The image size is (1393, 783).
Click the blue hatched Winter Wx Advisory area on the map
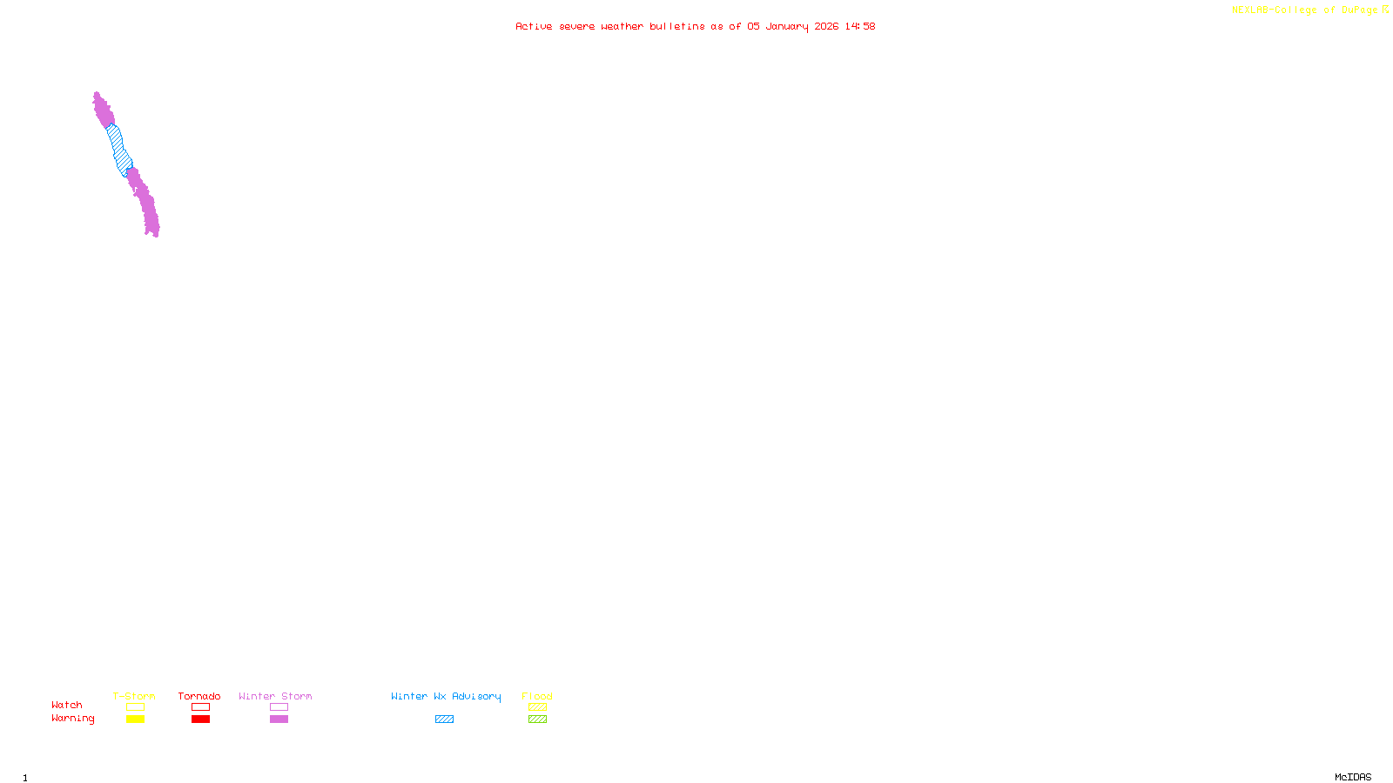118,150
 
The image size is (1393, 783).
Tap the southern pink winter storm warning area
146,204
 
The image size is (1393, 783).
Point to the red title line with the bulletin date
695,26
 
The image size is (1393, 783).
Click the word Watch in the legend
67,705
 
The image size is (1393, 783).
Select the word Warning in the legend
72,719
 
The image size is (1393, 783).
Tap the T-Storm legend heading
134,696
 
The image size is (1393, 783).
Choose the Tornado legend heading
199,696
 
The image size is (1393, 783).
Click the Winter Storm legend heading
275,696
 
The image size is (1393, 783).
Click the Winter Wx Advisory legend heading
446,696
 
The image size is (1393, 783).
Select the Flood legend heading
537,696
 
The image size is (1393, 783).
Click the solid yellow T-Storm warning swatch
135,719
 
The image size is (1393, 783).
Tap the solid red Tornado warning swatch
200,719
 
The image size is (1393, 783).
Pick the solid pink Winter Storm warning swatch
279,719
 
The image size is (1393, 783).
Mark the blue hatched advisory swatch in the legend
444,719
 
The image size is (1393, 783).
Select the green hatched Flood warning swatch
537,719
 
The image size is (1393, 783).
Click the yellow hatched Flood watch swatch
537,707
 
